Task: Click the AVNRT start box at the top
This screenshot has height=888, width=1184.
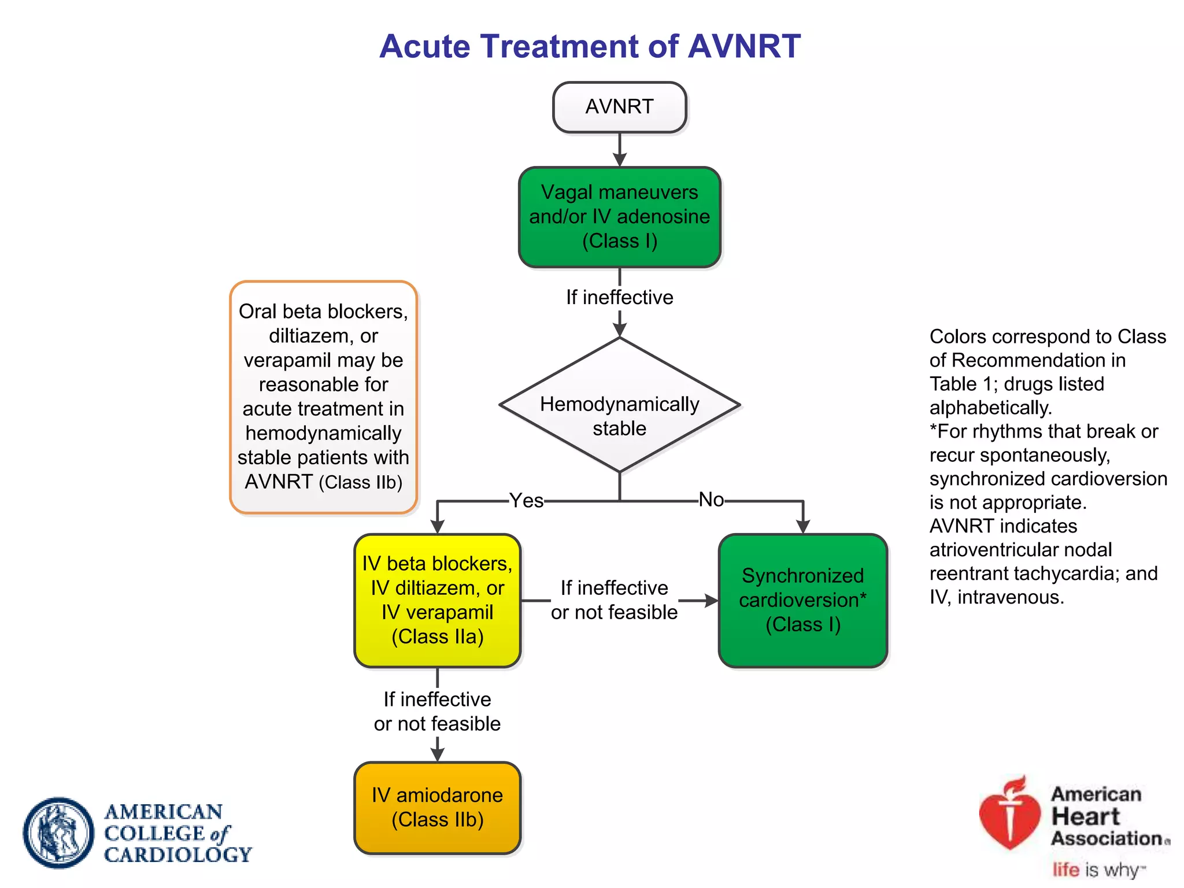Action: tap(619, 107)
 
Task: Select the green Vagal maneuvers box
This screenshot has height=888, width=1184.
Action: tap(619, 217)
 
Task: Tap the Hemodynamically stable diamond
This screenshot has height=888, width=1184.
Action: tap(619, 405)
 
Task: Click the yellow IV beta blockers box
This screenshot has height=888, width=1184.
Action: tap(437, 600)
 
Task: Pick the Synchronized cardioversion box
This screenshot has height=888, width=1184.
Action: tap(802, 600)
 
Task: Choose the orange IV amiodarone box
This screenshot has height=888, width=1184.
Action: tap(437, 808)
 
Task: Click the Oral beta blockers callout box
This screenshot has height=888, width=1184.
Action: tap(323, 397)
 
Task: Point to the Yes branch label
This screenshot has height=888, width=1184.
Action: tap(526, 501)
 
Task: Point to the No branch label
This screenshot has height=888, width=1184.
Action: tap(711, 499)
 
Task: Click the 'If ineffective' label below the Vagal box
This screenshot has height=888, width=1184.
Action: tap(619, 297)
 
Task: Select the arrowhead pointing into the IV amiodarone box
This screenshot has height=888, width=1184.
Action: tap(438, 754)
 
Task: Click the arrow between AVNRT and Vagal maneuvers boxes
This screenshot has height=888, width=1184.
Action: tap(620, 150)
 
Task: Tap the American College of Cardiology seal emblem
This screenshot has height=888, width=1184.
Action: tap(58, 832)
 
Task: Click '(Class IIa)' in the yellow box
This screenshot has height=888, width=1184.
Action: tap(437, 637)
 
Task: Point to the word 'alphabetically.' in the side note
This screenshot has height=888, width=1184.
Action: tap(990, 408)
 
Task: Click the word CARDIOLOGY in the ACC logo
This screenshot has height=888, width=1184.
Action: tap(178, 854)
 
